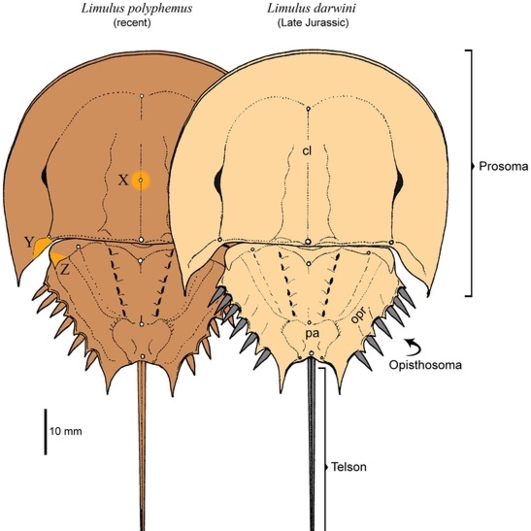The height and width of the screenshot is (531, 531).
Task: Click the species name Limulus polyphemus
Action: pos(137,8)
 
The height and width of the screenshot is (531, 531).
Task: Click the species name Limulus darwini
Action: pos(311,8)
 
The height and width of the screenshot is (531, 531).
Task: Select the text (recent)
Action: pos(132,23)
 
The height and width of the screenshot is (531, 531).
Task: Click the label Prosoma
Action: pos(504,167)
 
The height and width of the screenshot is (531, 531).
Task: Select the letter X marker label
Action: pos(123,181)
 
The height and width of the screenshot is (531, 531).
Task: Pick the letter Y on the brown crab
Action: pos(29,243)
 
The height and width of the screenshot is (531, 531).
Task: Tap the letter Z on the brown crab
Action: pos(65,271)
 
